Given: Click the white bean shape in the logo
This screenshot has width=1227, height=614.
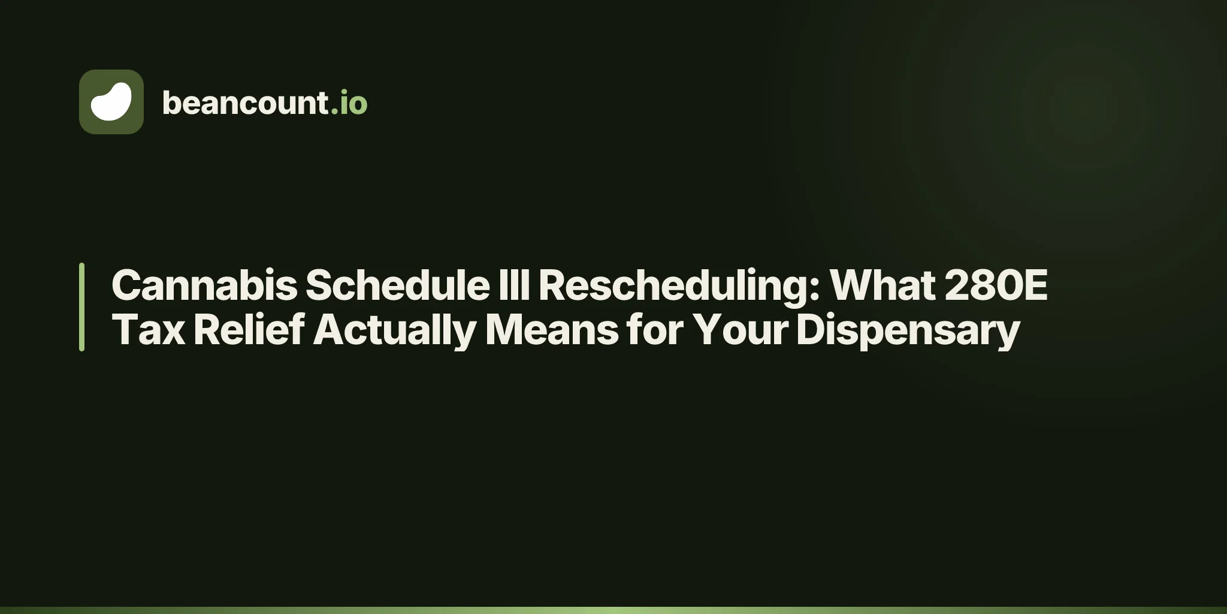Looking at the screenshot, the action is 111,101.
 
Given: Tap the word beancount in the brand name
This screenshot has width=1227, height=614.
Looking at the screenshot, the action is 245,103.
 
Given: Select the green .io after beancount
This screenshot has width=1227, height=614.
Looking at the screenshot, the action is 349,103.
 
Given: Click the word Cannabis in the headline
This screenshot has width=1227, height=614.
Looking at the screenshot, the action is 204,285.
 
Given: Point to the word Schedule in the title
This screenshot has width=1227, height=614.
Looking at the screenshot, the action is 398,285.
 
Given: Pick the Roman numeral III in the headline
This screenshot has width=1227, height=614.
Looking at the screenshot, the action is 514,285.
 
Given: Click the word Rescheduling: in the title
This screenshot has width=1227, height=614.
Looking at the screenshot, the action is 679,286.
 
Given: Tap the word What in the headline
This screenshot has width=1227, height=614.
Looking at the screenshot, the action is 883,285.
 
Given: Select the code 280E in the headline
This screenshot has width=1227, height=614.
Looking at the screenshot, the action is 996,285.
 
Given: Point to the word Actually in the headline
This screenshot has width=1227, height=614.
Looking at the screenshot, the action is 395,331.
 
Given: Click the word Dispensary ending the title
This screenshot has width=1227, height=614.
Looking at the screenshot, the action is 908,331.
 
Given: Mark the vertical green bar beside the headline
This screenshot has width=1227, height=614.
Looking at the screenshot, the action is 81,307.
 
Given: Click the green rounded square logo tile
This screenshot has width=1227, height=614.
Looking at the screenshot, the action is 111,102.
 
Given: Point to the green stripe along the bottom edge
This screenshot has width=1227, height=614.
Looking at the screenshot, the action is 613,610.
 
